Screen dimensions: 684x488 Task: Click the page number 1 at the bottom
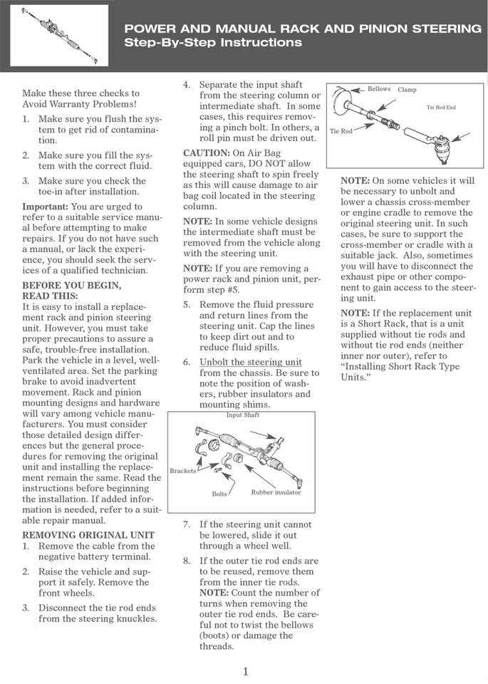(245, 671)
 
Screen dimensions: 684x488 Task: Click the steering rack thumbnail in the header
(59, 35)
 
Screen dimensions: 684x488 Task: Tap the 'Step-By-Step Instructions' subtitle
(213, 43)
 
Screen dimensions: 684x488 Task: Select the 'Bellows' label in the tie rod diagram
(379, 89)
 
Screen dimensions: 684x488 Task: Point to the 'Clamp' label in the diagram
(407, 90)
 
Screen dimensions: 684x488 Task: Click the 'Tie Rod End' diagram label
(441, 108)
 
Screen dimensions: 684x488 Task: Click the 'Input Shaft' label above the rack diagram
(242, 415)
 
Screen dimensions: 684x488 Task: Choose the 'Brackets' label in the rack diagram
(183, 471)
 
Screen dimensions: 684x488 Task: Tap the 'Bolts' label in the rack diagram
(219, 493)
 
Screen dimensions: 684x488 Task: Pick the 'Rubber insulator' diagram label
(276, 492)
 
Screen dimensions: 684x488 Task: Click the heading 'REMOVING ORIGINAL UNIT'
(88, 534)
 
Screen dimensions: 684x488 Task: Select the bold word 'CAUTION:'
(206, 153)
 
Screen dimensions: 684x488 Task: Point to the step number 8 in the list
(186, 561)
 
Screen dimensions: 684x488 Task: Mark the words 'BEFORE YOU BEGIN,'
(71, 285)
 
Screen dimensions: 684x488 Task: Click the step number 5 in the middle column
(186, 304)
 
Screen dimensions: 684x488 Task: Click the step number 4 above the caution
(186, 85)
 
